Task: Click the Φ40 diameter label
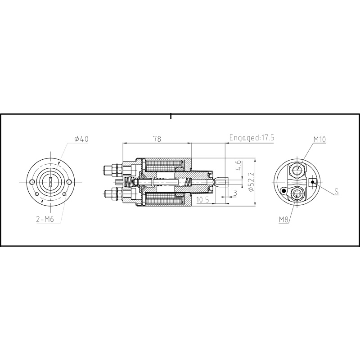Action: click(81, 139)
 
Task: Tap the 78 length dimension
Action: click(157, 139)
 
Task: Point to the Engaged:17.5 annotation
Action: click(252, 138)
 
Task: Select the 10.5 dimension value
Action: click(202, 200)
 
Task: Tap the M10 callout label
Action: click(319, 139)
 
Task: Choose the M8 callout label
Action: click(283, 220)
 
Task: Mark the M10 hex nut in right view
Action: click(297, 170)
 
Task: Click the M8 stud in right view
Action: click(297, 193)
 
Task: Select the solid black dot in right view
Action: click(283, 191)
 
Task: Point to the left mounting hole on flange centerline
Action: click(32, 181)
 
